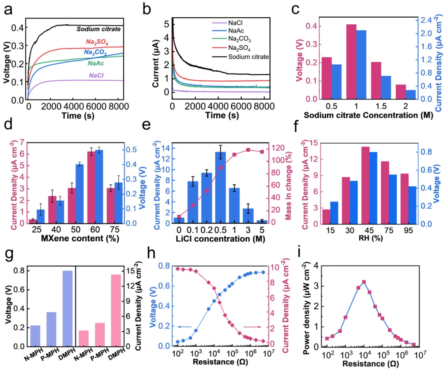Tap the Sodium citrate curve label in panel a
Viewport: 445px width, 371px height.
coord(98,29)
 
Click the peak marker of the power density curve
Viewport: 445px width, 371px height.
coord(364,282)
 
